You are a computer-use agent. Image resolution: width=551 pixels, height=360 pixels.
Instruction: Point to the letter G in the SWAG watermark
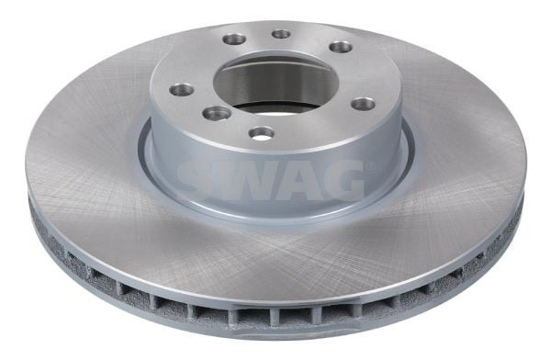click(x=343, y=180)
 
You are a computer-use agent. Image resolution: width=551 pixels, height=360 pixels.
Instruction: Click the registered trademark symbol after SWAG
click(x=370, y=165)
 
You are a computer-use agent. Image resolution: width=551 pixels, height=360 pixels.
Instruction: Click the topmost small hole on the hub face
click(x=282, y=34)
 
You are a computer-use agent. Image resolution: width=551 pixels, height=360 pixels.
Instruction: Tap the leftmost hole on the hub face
click(x=181, y=89)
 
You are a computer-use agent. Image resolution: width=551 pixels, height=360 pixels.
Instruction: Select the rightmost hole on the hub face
click(x=364, y=104)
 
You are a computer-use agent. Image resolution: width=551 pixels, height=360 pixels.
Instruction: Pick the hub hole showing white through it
click(x=261, y=133)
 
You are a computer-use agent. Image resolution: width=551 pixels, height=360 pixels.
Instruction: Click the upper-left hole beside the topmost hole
click(x=233, y=39)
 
